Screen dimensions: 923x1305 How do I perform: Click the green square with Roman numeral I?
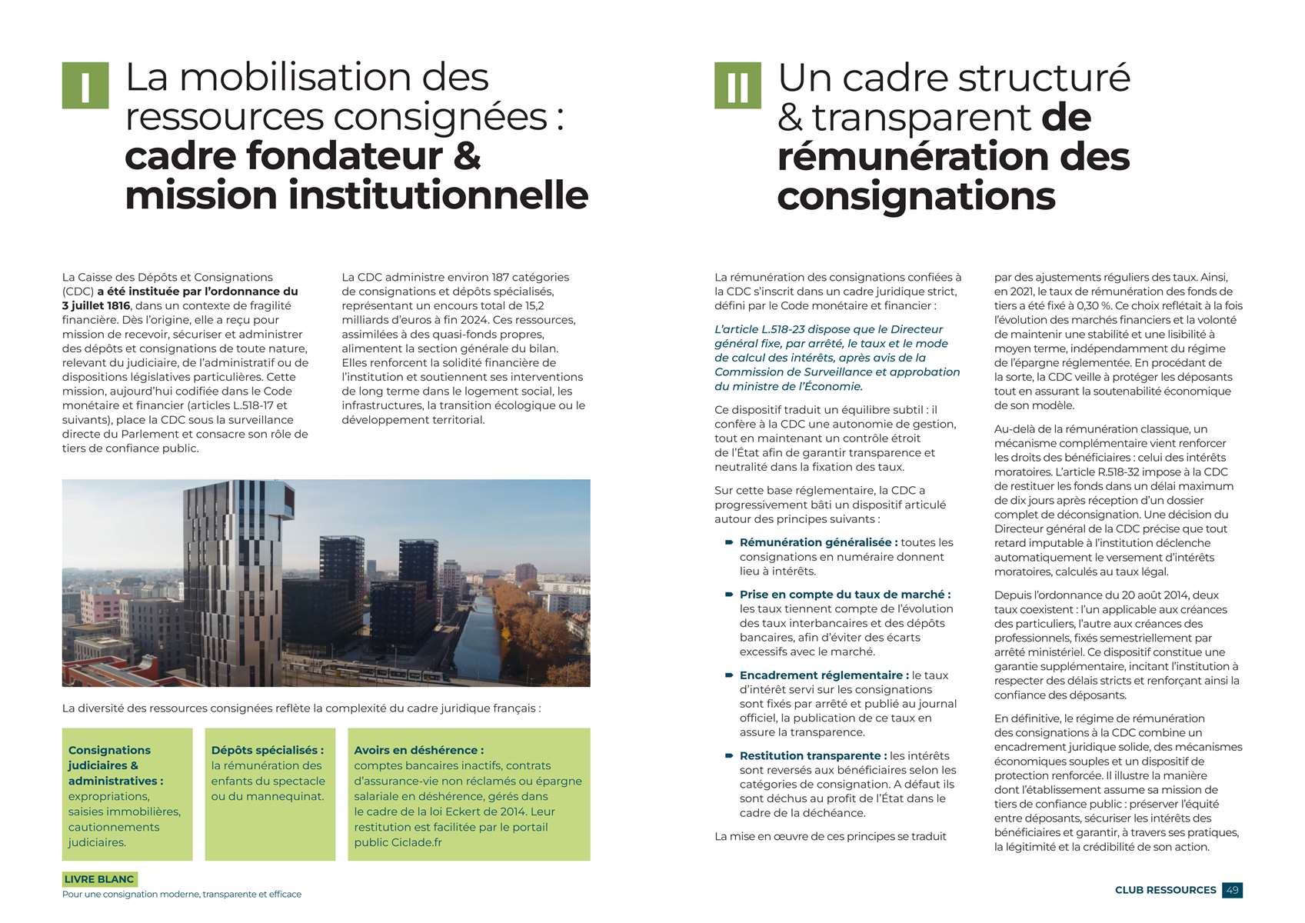(x=85, y=85)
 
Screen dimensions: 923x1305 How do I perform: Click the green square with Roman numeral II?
(x=737, y=85)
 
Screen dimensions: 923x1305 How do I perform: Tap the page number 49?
(x=1232, y=890)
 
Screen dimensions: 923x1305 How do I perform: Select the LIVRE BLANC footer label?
(x=99, y=879)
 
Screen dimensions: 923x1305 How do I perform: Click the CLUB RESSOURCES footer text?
(x=1165, y=890)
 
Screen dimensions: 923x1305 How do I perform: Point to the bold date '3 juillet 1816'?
(x=96, y=306)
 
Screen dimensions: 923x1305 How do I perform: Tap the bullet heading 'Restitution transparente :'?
(x=813, y=756)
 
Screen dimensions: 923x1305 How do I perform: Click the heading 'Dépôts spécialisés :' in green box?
(x=268, y=750)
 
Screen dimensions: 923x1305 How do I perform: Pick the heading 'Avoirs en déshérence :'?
(x=418, y=750)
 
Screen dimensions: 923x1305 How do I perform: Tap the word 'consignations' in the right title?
(x=916, y=196)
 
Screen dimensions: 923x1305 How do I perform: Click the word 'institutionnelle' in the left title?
(x=438, y=195)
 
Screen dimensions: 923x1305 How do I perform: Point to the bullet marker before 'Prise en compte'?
(x=728, y=595)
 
